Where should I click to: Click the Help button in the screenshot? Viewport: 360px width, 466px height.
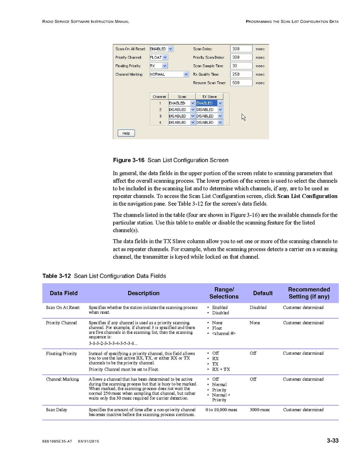click(126, 133)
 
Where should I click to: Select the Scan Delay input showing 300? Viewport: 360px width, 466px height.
click(241, 49)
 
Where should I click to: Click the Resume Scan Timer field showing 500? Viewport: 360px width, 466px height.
click(241, 83)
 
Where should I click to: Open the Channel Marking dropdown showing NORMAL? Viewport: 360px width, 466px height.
click(169, 74)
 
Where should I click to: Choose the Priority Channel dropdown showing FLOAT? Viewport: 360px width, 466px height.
click(159, 58)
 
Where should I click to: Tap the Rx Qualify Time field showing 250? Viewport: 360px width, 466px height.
click(241, 74)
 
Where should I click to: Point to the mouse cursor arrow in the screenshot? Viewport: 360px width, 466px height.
click(244, 117)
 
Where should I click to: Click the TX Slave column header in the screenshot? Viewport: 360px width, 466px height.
click(209, 96)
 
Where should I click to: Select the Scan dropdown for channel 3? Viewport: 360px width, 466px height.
click(182, 116)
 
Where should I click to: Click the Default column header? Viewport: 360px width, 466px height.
click(263, 293)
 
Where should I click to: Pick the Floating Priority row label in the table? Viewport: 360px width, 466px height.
click(61, 354)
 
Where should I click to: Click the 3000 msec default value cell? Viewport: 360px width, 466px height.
click(260, 410)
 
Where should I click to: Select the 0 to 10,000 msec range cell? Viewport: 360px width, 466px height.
click(221, 410)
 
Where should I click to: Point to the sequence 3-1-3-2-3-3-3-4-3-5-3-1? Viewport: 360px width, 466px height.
click(113, 343)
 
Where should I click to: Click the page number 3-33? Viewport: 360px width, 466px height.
click(332, 441)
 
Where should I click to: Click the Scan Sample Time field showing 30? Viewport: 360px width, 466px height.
click(241, 66)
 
